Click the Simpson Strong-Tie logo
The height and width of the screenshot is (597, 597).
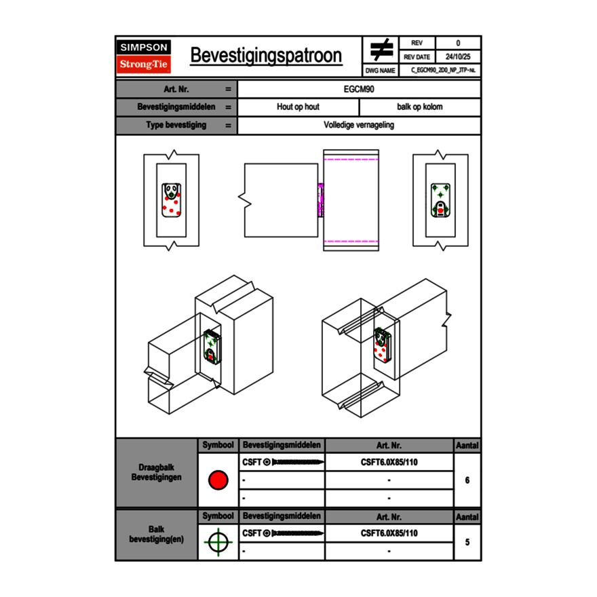coord(144,56)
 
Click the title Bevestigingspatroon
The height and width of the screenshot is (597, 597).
coord(266,56)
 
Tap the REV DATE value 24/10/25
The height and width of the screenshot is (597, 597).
coord(458,57)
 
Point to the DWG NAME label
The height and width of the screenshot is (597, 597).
coord(381,71)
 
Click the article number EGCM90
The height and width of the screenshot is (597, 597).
coord(359,89)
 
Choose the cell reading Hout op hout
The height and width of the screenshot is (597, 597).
coord(298,107)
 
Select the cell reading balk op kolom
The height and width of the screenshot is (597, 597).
coord(420,107)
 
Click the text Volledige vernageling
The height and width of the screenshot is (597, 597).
coord(359,126)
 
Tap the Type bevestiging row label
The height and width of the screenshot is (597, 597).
coord(176,126)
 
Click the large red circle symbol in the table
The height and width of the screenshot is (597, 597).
coord(218,480)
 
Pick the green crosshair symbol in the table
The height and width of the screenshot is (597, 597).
coord(218,542)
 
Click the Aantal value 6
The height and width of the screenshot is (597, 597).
coord(467,480)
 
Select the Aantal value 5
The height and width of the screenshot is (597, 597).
coord(467,542)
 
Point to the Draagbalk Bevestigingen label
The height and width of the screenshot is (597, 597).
coord(157,473)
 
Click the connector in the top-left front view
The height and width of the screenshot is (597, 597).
coord(171,201)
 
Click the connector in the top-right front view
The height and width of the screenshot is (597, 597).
coord(440,201)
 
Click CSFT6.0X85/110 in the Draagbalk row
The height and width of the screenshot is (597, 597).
coord(389,462)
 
